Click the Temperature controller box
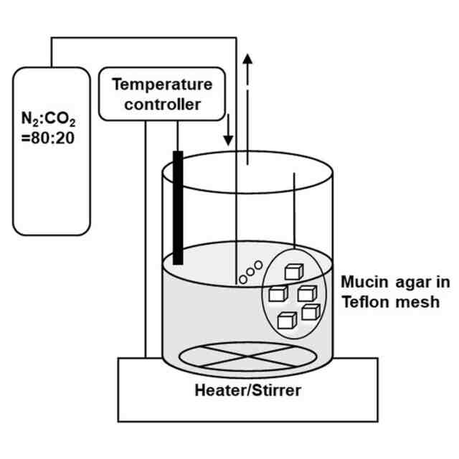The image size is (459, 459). (163, 94)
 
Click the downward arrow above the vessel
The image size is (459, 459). (229, 130)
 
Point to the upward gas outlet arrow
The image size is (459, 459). (247, 72)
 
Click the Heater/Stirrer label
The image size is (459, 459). (247, 391)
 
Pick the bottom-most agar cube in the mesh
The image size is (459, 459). (288, 321)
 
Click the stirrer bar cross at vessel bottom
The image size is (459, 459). (236, 355)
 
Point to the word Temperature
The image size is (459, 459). (163, 84)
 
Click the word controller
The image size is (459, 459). (162, 105)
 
